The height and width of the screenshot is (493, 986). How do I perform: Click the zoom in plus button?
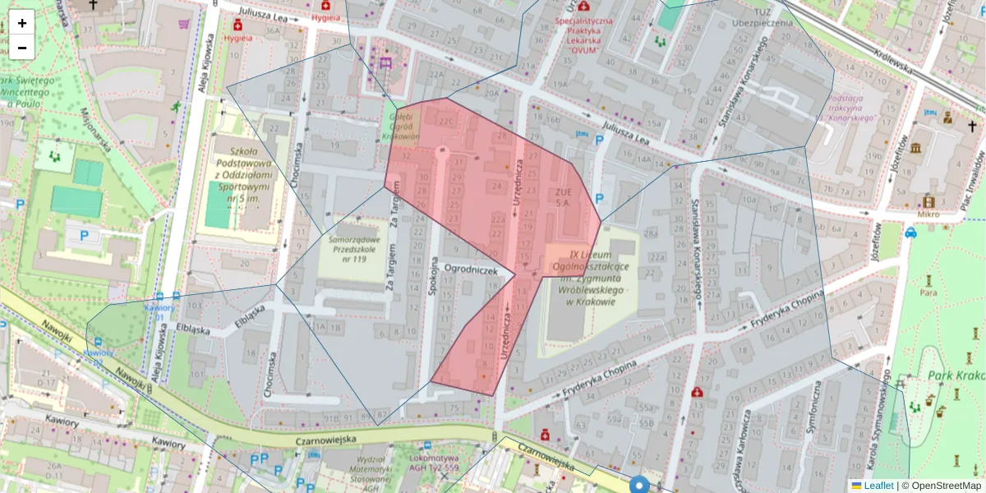pyautogui.click(x=22, y=22)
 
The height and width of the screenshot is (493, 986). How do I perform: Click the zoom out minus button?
pyautogui.click(x=22, y=47)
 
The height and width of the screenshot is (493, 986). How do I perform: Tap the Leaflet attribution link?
pyautogui.click(x=878, y=486)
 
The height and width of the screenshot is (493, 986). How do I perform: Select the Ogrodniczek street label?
pyautogui.click(x=471, y=269)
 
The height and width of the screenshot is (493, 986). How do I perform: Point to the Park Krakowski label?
pyautogui.click(x=956, y=376)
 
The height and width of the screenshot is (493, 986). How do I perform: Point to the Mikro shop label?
pyautogui.click(x=928, y=214)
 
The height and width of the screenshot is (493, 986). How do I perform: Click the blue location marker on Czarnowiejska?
pyautogui.click(x=639, y=484)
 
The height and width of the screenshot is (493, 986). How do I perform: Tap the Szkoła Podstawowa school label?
pyautogui.click(x=244, y=174)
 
